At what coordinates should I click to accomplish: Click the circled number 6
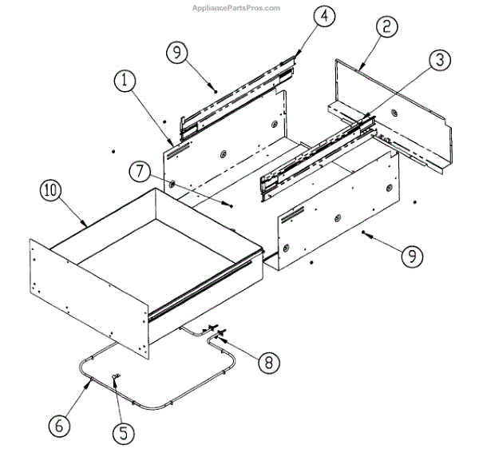tap(57, 425)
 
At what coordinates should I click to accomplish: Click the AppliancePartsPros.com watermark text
tap(237, 8)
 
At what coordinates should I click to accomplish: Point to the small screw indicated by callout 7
tap(230, 204)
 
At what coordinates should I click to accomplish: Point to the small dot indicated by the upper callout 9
tap(216, 90)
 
